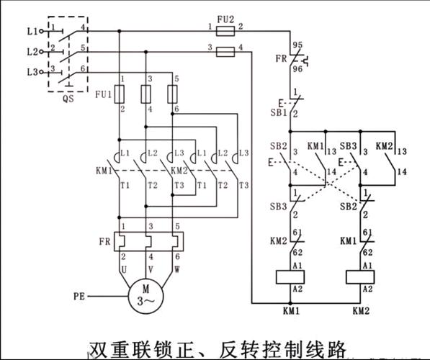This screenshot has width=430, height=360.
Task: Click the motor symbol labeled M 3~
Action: click(146, 296)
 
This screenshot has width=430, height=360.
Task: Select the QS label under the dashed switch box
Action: click(68, 99)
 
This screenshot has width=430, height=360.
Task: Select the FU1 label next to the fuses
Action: click(102, 94)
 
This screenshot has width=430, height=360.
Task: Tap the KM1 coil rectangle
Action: click(289, 277)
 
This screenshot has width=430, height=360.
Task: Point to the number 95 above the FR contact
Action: click(297, 45)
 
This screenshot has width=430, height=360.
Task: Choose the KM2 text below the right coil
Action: click(362, 312)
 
